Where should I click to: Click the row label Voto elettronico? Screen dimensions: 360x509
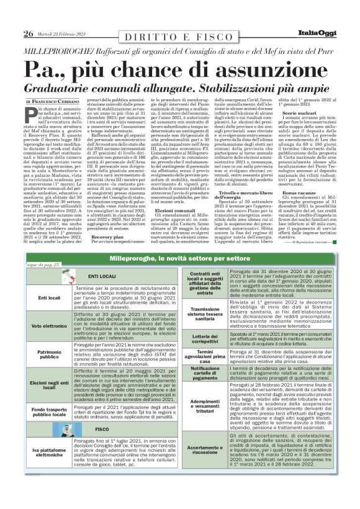coord(49,326)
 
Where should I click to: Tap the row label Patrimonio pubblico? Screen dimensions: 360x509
coord(49,355)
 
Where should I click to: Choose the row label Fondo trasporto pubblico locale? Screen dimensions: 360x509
coord(49,412)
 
